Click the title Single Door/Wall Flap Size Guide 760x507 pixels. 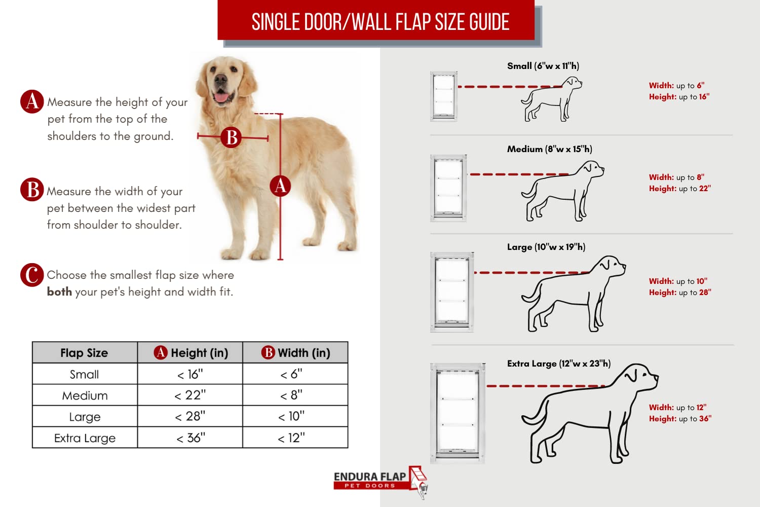tap(380, 22)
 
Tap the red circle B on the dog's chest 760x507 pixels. tap(232, 137)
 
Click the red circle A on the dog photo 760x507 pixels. tap(280, 186)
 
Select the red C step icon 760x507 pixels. tap(31, 275)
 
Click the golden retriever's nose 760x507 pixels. tap(220, 80)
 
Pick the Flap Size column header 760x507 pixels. tap(84, 353)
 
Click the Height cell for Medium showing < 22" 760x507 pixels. tap(190, 395)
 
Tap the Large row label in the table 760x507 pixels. tap(85, 417)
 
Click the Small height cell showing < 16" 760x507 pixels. tap(190, 374)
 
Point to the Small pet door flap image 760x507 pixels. tap(444, 96)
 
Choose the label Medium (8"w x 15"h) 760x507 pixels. tap(549, 149)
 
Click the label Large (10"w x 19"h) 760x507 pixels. tap(546, 247)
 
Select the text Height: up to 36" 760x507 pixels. tap(679, 419)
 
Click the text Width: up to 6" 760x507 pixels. tap(676, 86)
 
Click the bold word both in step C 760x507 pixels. tap(59, 292)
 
